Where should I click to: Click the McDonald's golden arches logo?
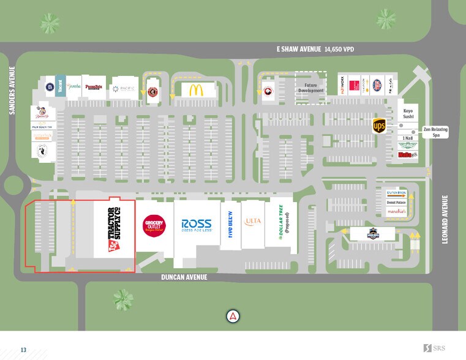point(196,91)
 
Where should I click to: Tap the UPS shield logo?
point(380,126)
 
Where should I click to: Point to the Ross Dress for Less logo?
point(196,225)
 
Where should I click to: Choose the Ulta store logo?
point(252,222)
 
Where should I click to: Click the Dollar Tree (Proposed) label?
point(284,222)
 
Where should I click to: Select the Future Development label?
point(310,88)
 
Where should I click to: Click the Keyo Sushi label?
point(408,114)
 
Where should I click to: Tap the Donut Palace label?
point(396,203)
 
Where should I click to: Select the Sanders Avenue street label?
point(11,91)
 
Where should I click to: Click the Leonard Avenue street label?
point(445,219)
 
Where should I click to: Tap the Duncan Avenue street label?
point(184,277)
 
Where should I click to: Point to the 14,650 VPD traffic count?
point(339,49)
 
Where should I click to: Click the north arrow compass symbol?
point(233,316)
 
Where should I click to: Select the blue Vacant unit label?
point(60,88)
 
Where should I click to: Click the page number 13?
point(23,350)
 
